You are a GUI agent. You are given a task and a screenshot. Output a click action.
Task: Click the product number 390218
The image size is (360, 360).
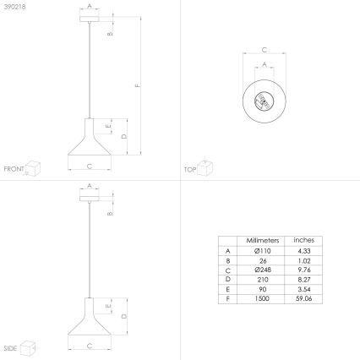pyautogui.click(x=14, y=7)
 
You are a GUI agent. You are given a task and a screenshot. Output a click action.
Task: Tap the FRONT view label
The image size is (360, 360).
pyautogui.click(x=14, y=170)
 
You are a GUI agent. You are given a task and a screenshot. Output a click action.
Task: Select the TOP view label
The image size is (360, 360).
pyautogui.click(x=190, y=170)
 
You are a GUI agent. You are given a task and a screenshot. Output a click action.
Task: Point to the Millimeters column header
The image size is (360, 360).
pyautogui.click(x=257, y=240)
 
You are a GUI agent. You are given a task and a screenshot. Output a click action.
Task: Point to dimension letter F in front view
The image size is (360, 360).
pyautogui.click(x=137, y=86)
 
